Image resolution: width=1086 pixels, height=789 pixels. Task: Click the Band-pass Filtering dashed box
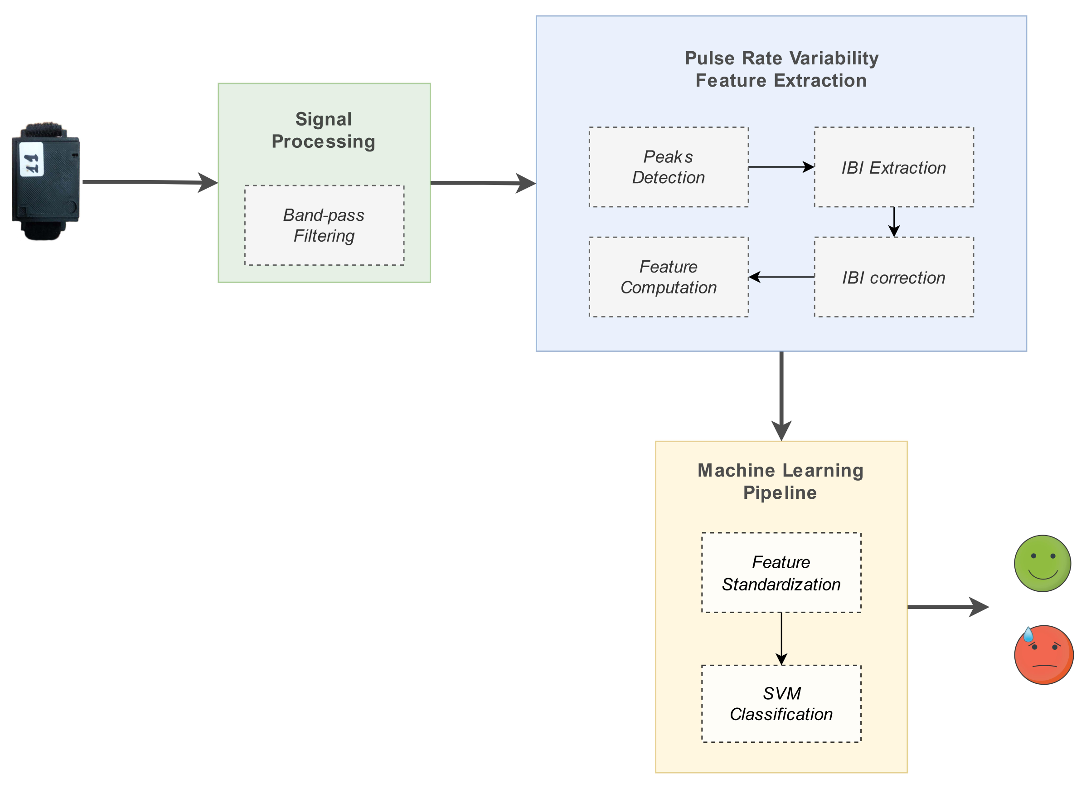tap(324, 225)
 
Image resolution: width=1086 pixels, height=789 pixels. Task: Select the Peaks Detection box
tap(669, 167)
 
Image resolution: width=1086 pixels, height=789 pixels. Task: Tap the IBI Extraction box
tap(893, 167)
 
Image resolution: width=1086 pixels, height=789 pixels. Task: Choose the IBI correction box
tap(893, 277)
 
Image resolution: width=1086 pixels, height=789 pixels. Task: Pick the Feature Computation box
tap(669, 277)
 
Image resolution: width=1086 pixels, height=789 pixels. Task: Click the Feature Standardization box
tap(781, 572)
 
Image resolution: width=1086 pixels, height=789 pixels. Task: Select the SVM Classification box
tap(781, 703)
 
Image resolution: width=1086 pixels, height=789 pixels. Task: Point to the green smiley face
tap(1042, 563)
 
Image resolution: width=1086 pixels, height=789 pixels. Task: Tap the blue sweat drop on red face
tap(1028, 635)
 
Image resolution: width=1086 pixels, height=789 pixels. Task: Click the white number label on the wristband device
tap(32, 160)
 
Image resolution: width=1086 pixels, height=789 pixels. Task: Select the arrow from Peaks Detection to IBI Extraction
tap(781, 167)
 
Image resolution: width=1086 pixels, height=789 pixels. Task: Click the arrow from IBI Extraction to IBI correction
tap(893, 222)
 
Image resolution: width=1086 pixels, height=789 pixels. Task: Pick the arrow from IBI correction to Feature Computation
tap(781, 277)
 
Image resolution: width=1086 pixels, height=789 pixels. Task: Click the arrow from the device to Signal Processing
tap(148, 182)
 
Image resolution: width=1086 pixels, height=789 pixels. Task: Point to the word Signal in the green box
tap(323, 119)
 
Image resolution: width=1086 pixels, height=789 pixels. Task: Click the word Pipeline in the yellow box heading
tap(780, 492)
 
